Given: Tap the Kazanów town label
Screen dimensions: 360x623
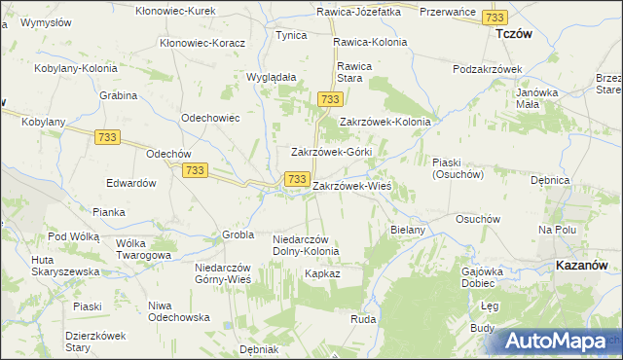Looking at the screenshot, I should tap(582, 264).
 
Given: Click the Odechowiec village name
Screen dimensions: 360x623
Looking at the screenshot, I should tap(210, 117).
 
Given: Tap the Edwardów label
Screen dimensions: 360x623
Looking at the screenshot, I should tap(131, 183).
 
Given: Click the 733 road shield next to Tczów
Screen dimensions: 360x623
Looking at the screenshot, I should tap(495, 18).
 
